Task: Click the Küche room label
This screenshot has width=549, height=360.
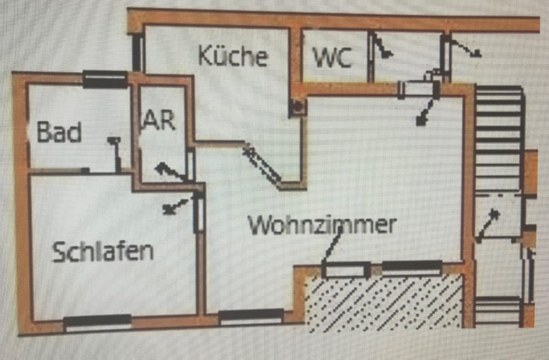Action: point(233,56)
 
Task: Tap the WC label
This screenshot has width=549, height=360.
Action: point(333,58)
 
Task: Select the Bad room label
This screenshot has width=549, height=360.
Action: point(59,132)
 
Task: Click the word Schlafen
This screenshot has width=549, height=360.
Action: point(103,252)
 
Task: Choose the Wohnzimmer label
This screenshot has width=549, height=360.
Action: point(322,225)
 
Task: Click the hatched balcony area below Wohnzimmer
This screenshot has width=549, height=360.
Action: point(385,302)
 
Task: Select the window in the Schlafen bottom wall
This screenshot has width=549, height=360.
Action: point(97,322)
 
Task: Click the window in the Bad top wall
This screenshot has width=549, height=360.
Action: point(105,78)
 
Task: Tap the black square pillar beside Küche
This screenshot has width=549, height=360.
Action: point(298,107)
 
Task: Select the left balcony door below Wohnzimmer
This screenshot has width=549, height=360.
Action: point(346,270)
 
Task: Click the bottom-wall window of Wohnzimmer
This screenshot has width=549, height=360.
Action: point(251,317)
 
